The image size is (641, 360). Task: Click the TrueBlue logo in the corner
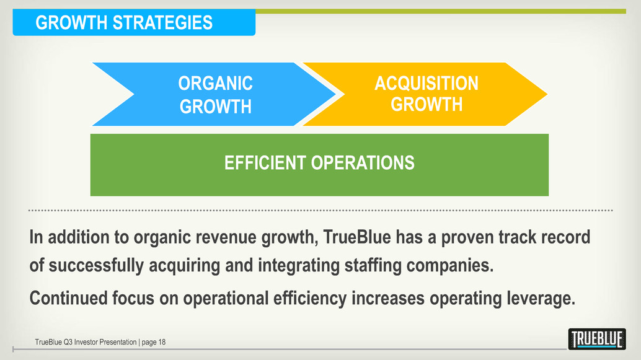tap(597, 339)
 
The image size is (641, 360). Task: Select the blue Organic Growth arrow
tap(214, 94)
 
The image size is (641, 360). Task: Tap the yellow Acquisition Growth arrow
tap(425, 94)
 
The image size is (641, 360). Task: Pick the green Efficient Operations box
tap(319, 165)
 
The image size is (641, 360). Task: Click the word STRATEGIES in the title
tap(162, 22)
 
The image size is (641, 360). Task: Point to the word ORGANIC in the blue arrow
tap(216, 84)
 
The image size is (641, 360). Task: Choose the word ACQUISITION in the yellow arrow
tap(427, 84)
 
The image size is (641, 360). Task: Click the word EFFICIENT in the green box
tap(265, 162)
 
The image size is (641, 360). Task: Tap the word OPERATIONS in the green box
tap(363, 162)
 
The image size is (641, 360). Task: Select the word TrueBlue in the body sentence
tap(357, 237)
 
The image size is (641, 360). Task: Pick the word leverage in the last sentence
tap(541, 299)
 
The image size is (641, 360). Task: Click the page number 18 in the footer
tap(162, 342)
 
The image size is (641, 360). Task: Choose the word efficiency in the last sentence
tap(310, 299)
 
